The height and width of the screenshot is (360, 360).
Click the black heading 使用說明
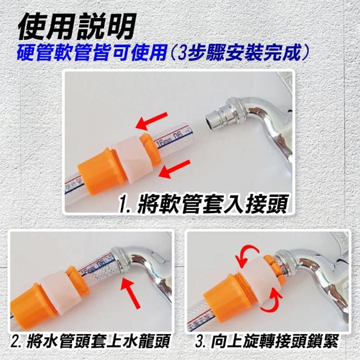(77, 26)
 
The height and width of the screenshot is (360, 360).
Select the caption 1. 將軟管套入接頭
(203, 204)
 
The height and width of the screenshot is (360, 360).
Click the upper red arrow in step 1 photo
(151, 120)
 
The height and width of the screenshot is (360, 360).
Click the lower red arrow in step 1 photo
(174, 169)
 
